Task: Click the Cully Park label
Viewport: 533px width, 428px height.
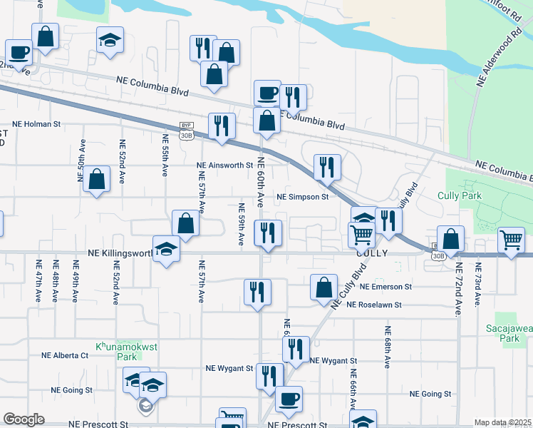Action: coord(462,195)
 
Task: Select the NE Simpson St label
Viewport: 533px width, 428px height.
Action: coord(301,197)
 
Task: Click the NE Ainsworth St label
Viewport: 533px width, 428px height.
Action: coord(225,165)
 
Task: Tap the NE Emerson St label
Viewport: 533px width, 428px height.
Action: coord(386,287)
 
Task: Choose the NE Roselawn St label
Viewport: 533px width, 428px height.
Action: coord(374,305)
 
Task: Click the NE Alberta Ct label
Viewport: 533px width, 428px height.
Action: coord(64,355)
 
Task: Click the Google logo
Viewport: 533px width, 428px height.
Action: coord(24,419)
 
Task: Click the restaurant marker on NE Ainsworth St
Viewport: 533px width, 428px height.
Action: coord(327,168)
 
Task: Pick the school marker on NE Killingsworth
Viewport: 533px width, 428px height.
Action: coord(166,250)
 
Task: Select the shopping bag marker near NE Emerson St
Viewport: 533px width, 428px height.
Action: coord(324,287)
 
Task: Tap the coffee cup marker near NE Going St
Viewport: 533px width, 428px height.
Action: coord(289,399)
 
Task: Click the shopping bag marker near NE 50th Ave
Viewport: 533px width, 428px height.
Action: coord(96,180)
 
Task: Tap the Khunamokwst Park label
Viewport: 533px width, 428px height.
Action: coord(117,350)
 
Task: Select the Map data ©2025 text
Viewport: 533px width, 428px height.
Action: coord(503,422)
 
